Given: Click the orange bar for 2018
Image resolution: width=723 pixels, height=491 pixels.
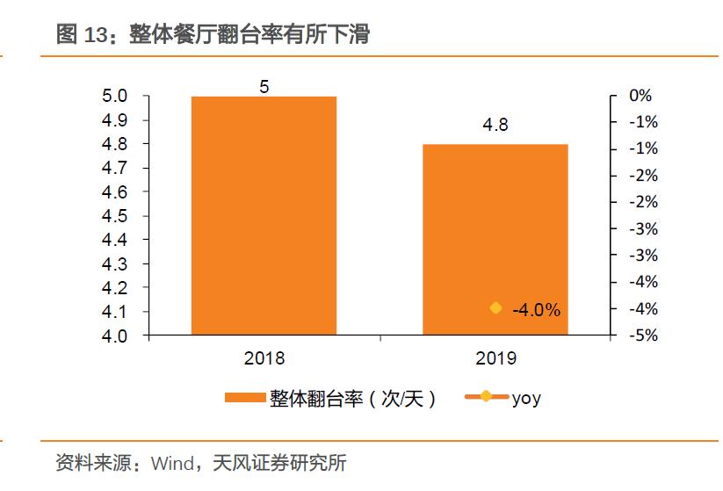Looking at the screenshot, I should [x=264, y=215].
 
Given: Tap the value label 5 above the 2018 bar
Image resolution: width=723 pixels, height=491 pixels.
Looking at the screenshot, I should [x=264, y=86].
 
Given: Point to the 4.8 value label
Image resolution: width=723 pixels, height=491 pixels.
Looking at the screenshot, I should [x=495, y=126].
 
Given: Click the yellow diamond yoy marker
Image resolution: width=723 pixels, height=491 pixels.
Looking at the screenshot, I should [x=495, y=308].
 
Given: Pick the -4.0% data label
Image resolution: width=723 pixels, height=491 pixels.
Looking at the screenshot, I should [x=536, y=310].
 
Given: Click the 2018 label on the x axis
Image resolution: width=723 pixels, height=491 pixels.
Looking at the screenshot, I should [x=264, y=358].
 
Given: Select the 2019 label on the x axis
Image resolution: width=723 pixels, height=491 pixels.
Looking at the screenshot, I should [x=495, y=358].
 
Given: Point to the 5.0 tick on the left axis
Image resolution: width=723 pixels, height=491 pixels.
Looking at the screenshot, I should [x=116, y=96].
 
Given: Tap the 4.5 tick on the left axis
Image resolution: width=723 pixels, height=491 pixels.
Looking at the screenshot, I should [x=116, y=216].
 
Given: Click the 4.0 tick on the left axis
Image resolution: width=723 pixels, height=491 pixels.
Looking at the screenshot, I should [x=116, y=336].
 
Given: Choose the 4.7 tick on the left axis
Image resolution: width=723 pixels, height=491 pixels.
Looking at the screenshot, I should [x=116, y=168].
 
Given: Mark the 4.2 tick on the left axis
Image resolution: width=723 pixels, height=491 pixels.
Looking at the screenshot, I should [x=116, y=288].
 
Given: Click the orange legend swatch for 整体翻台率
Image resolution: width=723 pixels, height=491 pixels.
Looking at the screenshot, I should [x=245, y=398].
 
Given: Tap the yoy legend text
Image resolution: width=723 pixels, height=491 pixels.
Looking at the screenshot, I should [x=526, y=398].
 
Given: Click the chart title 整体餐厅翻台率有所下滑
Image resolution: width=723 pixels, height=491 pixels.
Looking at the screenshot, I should [x=249, y=34].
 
